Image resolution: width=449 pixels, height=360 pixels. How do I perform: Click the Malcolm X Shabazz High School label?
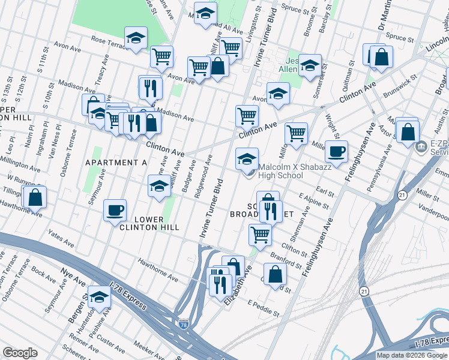(280, 171)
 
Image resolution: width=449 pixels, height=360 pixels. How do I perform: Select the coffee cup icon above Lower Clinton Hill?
(115, 210)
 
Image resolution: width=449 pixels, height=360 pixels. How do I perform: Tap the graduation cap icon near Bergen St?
(99, 296)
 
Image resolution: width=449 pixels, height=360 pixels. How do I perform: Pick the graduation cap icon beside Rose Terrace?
(136, 38)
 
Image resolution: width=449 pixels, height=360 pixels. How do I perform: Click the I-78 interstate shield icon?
(184, 324)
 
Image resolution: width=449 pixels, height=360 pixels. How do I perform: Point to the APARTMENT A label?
(116, 163)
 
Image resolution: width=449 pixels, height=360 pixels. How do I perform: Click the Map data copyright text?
(411, 355)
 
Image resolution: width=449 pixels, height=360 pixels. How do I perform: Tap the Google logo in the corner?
(20, 353)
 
